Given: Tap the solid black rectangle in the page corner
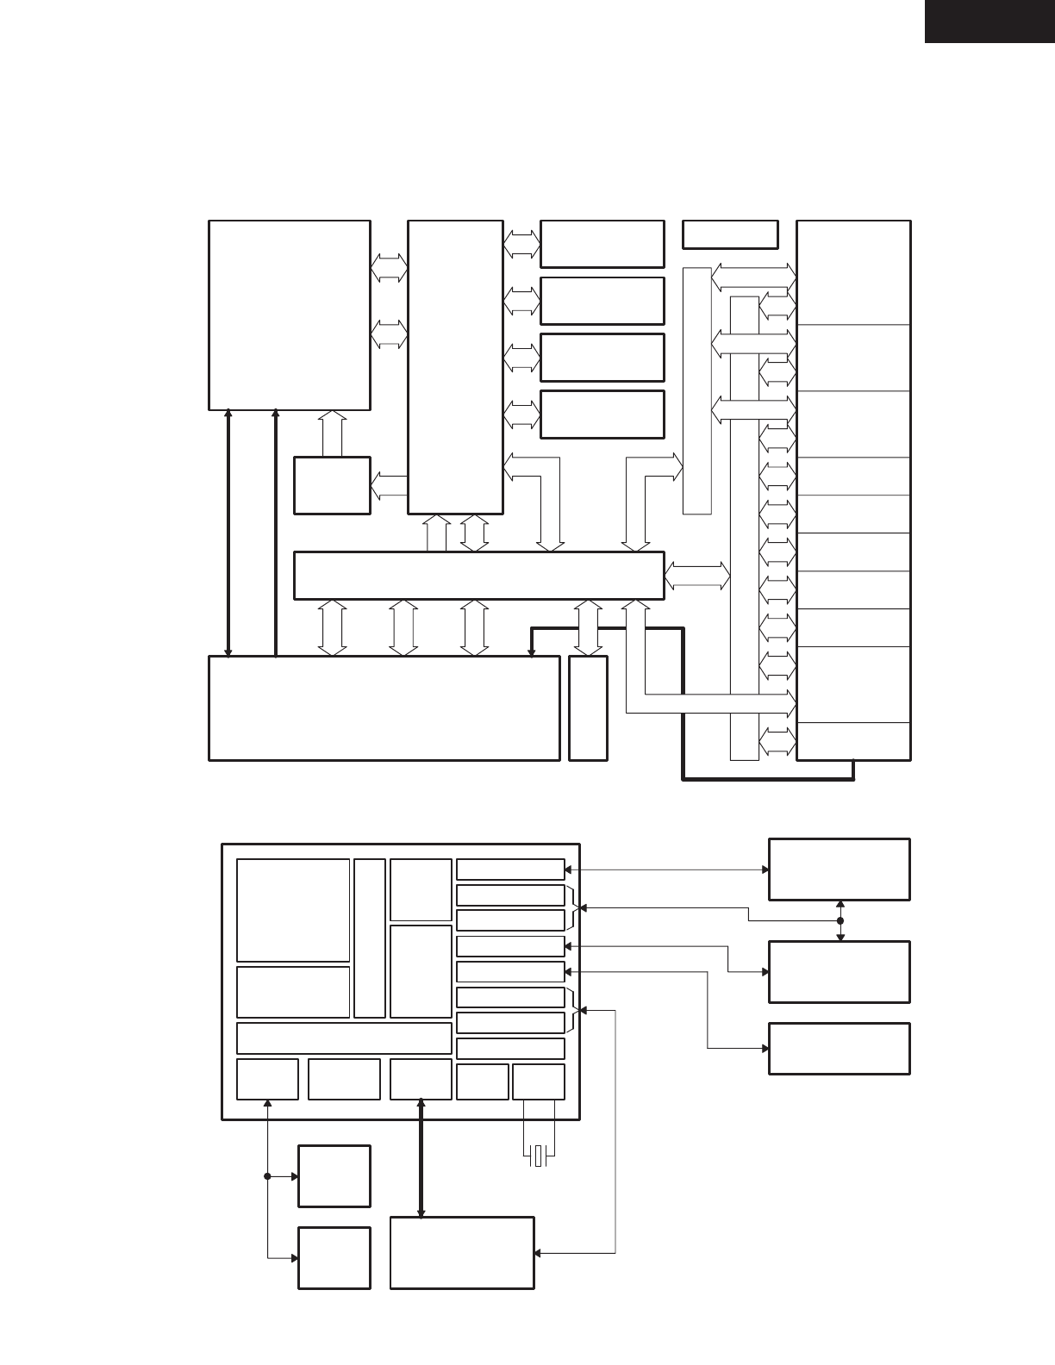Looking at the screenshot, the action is coord(989,21).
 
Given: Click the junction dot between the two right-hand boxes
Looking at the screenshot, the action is coord(840,921).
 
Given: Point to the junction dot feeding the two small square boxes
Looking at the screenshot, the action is coord(267,1176).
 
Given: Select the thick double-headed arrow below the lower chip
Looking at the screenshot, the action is coord(421,1158).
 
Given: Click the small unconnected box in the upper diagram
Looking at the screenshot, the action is coord(730,234).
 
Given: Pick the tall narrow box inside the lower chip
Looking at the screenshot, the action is coord(370,938).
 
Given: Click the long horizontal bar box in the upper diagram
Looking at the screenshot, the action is coord(478,575).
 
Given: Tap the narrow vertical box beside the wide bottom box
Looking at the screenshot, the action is coord(588,708).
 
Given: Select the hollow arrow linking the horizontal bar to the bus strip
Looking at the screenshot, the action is coord(697,575).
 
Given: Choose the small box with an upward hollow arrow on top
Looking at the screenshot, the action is coord(332,486).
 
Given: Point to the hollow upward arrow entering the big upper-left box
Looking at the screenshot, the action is coord(332,433).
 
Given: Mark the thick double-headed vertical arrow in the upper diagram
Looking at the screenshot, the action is coord(228,533).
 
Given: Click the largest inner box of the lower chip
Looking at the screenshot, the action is coord(293,909).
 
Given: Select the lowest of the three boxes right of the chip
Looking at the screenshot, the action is coord(839,1049).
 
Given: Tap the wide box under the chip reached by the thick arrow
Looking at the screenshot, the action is coord(462,1253).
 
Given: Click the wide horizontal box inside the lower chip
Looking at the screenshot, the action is coord(344,1038).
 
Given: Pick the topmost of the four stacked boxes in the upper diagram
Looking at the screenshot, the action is coord(602,244).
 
